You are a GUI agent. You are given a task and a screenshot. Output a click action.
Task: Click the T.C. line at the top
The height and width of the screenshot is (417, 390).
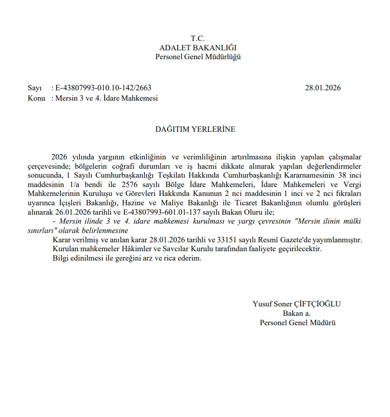click(x=197, y=38)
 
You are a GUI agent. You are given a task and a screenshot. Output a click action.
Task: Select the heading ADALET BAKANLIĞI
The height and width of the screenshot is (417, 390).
click(x=198, y=48)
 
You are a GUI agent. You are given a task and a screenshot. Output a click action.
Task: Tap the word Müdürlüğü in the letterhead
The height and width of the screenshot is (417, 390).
click(x=224, y=57)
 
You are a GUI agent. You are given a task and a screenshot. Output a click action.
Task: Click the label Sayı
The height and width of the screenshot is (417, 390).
click(x=34, y=88)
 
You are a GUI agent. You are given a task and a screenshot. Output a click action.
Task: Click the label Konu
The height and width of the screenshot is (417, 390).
click(x=37, y=98)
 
